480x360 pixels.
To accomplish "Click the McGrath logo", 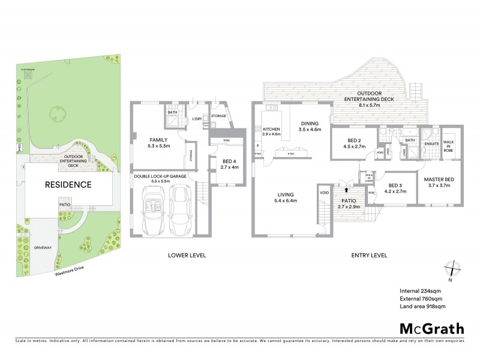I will (x=431, y=328).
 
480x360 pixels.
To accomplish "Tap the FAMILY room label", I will (x=150, y=139).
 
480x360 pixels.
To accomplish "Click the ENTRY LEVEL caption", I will (x=368, y=255).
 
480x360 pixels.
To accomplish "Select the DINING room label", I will (x=311, y=124).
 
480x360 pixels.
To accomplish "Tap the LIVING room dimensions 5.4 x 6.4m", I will (x=286, y=200).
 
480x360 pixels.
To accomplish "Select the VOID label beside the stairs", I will (x=325, y=193).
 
